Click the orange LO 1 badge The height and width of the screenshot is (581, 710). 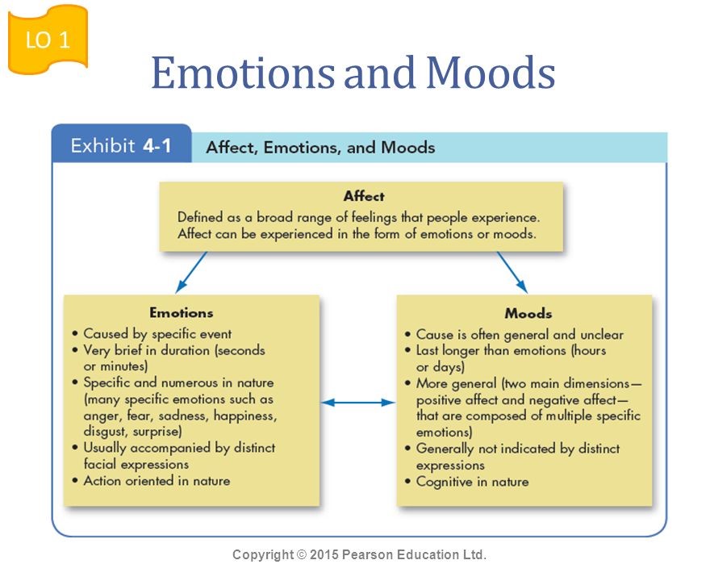click(48, 40)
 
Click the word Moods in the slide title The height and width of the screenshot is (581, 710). click(491, 73)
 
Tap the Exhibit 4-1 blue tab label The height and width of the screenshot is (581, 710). click(121, 146)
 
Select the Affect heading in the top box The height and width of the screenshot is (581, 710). click(363, 196)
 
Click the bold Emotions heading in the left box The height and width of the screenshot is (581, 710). click(182, 312)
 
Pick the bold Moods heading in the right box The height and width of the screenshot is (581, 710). click(528, 313)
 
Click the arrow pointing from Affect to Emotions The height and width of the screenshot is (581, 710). click(191, 272)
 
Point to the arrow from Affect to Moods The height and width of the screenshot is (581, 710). click(512, 272)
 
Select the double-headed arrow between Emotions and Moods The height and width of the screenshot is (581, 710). click(357, 401)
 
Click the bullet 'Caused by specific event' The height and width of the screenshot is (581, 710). click(157, 333)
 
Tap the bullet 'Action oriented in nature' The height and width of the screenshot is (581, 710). click(157, 481)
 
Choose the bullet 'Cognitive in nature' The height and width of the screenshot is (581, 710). click(472, 482)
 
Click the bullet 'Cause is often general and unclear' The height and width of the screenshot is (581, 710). click(520, 334)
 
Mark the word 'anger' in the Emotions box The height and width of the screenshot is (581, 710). click(102, 416)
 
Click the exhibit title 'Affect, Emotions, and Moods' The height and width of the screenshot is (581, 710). click(320, 148)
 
